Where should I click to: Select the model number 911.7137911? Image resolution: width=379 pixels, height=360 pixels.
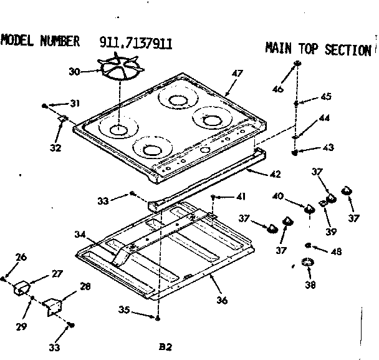click(x=136, y=42)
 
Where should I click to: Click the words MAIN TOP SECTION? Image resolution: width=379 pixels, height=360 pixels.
click(x=318, y=49)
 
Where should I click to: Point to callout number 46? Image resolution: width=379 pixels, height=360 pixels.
click(x=278, y=89)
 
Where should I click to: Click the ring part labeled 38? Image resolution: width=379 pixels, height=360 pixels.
click(x=307, y=263)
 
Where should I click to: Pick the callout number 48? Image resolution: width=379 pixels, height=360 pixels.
click(x=337, y=251)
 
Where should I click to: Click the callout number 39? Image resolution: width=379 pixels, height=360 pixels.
click(x=331, y=231)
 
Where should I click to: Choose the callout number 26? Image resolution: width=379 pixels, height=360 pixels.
click(x=21, y=256)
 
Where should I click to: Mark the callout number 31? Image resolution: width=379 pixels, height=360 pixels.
click(x=75, y=103)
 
